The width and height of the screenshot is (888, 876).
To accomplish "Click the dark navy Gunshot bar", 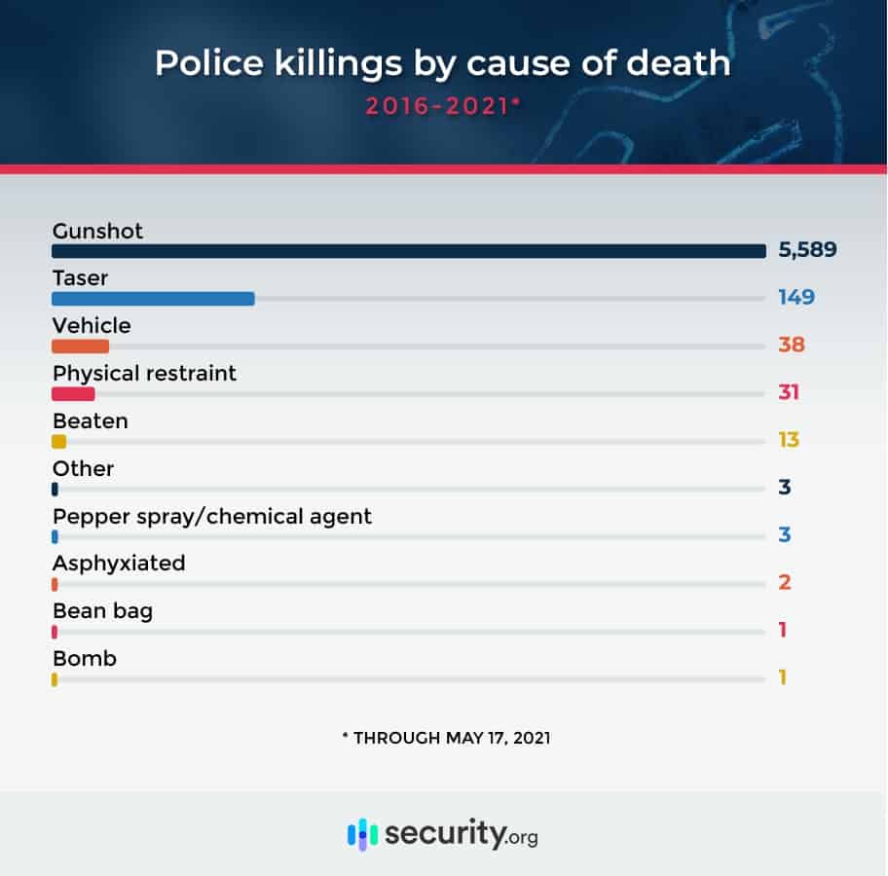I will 409,251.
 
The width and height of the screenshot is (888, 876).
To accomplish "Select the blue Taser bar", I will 153,299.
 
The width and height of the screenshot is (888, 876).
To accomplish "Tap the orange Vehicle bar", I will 80,346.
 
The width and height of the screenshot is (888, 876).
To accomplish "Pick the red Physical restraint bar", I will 73,393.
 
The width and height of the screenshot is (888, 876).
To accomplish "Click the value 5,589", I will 807,249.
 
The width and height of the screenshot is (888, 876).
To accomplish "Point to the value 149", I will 795,297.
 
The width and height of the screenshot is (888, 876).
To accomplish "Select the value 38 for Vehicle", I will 791,345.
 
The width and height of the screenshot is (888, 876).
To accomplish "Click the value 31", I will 790,392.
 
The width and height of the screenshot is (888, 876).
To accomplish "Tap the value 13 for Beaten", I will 788,440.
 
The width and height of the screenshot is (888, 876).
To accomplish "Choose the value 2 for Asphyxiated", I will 784,583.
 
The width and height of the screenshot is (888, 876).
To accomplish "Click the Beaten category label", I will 91,421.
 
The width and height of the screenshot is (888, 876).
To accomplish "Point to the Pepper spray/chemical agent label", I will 212,516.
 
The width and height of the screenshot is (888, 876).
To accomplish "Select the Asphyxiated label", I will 119,564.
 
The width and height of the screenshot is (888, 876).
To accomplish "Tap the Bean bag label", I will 102,611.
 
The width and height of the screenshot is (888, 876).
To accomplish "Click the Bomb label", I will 85,659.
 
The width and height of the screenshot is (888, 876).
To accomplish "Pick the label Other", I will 83,468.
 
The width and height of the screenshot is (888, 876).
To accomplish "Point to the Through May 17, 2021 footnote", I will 445,738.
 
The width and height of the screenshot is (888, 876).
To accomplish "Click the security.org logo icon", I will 362,835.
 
